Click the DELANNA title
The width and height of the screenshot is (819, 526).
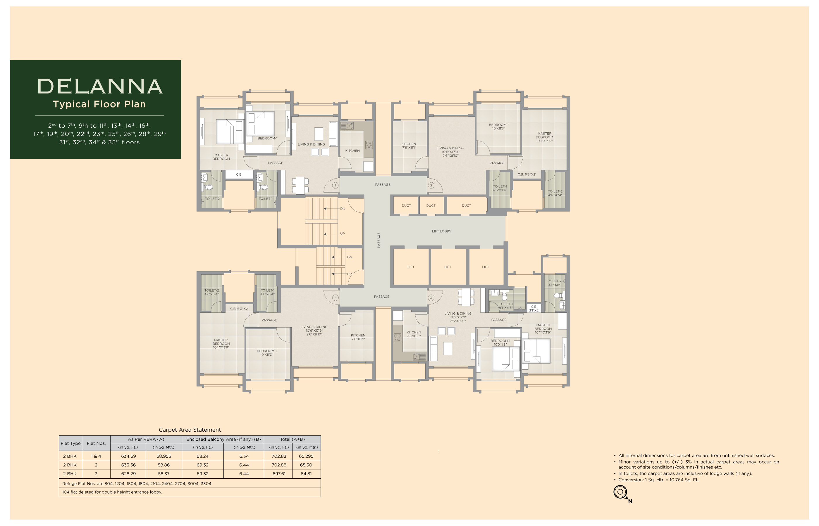(x=100, y=86)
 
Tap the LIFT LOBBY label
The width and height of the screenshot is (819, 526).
(x=441, y=231)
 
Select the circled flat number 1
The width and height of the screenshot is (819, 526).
(x=335, y=185)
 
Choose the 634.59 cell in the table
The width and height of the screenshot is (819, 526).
(x=128, y=456)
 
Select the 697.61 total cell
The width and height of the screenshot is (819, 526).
(x=279, y=474)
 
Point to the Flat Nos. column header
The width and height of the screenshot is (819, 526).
(x=96, y=443)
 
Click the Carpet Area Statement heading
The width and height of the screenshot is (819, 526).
(x=190, y=430)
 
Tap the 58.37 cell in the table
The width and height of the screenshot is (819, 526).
(x=164, y=474)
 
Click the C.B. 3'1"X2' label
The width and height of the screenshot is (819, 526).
(x=534, y=308)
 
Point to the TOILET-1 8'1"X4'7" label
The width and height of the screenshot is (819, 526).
(x=505, y=306)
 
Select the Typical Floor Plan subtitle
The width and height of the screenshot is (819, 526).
(x=99, y=104)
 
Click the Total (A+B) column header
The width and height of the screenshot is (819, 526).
(x=292, y=439)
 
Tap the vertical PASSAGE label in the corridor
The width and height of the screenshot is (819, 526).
(x=378, y=240)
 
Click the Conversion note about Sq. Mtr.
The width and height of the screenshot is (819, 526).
(x=658, y=480)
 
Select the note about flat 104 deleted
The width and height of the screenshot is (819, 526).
(x=112, y=492)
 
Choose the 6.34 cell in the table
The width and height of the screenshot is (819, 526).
(x=244, y=456)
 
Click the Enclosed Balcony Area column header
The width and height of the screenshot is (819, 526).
(x=223, y=439)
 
